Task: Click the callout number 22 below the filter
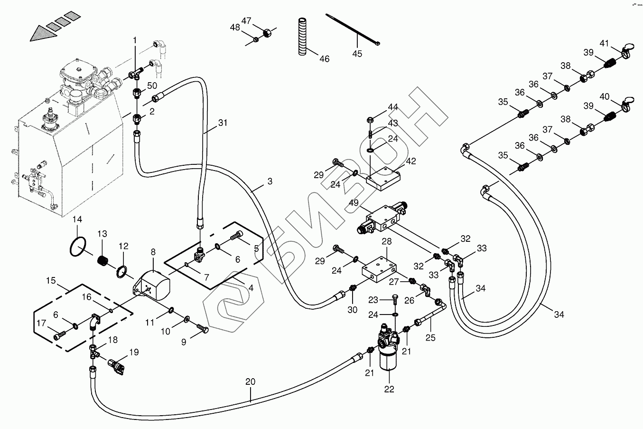[x=389, y=389]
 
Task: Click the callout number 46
[x=324, y=59]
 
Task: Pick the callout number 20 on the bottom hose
[x=251, y=381]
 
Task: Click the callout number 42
[x=410, y=161]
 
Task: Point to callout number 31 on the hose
[x=223, y=123]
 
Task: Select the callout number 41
[x=604, y=43]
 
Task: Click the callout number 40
[x=604, y=97]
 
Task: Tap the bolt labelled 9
[x=202, y=327]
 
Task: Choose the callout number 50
[x=152, y=86]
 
